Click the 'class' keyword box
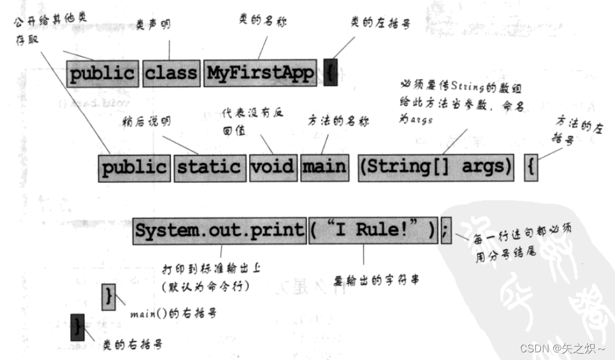tap(170, 74)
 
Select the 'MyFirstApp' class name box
tap(261, 74)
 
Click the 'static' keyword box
tap(209, 167)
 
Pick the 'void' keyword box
tap(272, 167)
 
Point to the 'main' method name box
tap(324, 167)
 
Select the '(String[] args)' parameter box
tap(435, 167)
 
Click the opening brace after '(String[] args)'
tap(532, 167)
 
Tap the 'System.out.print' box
tap(220, 229)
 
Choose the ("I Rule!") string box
tap(373, 229)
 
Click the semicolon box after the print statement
tap(445, 229)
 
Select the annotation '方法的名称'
tap(338, 120)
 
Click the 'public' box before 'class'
tap(102, 74)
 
